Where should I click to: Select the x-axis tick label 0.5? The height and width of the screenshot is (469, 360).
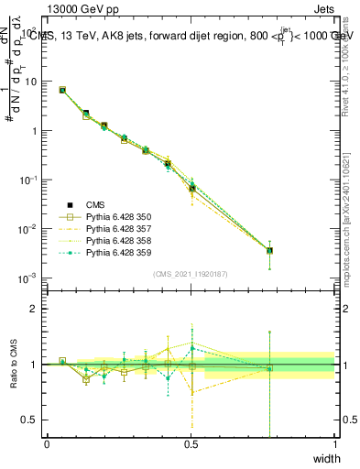click(x=191, y=443)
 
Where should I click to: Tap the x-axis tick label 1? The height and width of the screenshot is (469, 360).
click(x=334, y=443)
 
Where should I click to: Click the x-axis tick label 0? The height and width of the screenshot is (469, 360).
click(x=47, y=443)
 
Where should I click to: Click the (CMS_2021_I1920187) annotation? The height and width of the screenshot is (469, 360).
click(x=191, y=274)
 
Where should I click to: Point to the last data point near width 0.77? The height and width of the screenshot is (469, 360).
click(x=269, y=250)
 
